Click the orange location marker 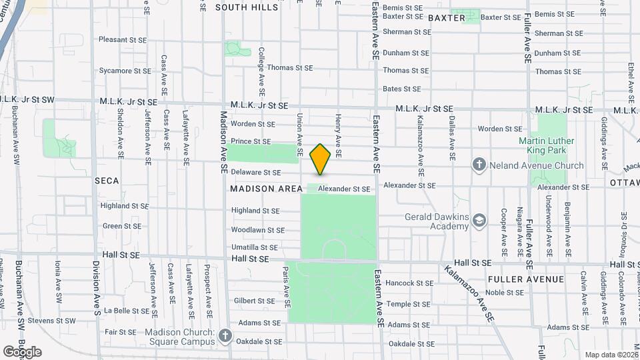[320, 159]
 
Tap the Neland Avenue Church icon [479, 165]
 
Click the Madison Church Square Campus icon [225, 336]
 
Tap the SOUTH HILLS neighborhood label [247, 7]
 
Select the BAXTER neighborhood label [446, 18]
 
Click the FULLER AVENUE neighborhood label [526, 279]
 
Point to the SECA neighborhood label [107, 181]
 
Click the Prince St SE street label [251, 141]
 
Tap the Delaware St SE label [256, 173]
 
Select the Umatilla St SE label [254, 247]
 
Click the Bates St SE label [402, 89]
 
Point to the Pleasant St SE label [123, 39]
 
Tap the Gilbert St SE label [254, 301]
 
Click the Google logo [22, 351]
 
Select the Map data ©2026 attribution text [611, 355]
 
